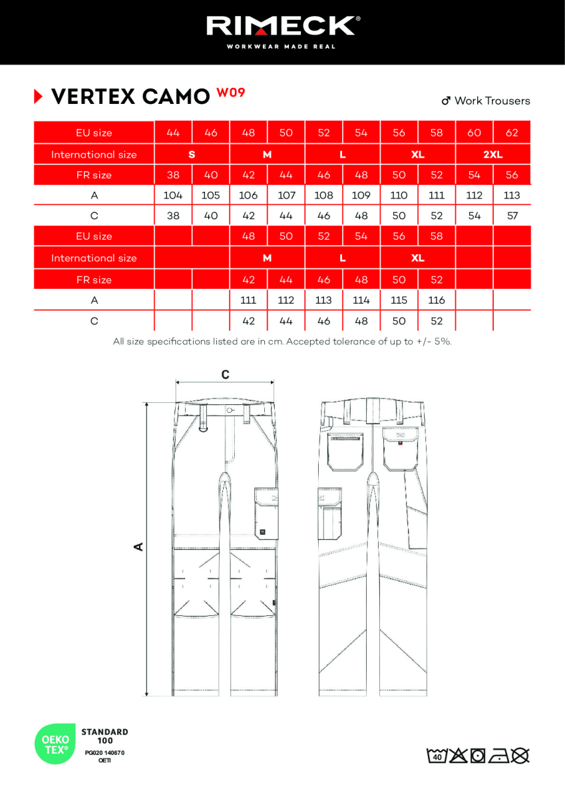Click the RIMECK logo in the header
282,26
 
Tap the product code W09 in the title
230,93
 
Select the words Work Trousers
492,101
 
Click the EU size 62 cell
512,133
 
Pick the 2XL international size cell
492,154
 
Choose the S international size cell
192,154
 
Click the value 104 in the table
173,196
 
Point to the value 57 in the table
512,216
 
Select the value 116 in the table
437,300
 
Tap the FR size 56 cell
512,175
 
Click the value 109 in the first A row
361,196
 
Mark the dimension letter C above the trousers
226,375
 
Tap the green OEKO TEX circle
55,744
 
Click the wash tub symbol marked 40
437,756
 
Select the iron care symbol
498,756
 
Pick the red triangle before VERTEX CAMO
38,97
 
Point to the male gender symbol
447,101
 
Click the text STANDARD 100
104,736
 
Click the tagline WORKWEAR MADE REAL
282,47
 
